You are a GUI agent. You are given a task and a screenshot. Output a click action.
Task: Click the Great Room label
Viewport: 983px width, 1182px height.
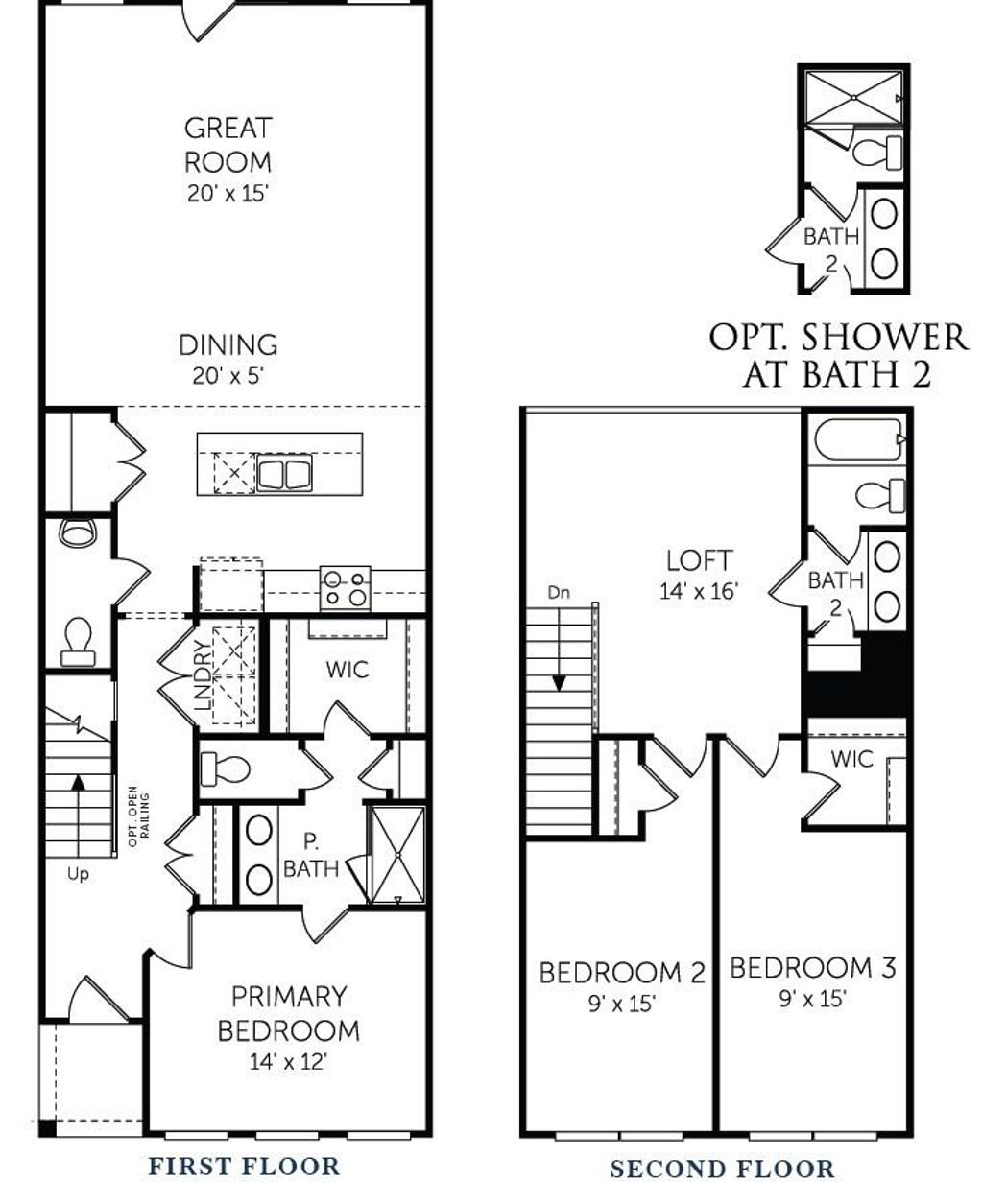click(228, 144)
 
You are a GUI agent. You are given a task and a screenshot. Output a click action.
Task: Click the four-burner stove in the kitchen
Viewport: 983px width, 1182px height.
click(346, 587)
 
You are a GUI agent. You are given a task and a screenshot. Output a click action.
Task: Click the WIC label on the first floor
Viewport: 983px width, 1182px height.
click(347, 670)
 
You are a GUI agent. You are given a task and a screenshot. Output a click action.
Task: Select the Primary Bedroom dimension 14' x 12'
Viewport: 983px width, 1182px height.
click(288, 1062)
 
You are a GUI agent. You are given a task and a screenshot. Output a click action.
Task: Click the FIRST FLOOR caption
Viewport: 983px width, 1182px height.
click(243, 1166)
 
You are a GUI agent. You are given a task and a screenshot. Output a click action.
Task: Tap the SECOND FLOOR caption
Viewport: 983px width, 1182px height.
click(722, 1168)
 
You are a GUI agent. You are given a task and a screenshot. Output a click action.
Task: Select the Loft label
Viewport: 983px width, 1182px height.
click(699, 560)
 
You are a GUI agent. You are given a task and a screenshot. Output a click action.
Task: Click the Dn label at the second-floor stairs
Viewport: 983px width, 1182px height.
click(559, 593)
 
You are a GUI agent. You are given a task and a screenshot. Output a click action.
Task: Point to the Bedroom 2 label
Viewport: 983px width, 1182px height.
click(621, 973)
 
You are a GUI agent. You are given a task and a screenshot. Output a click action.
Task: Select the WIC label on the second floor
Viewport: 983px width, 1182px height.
click(851, 759)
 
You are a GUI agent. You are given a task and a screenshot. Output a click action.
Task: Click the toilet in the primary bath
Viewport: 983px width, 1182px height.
click(227, 768)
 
